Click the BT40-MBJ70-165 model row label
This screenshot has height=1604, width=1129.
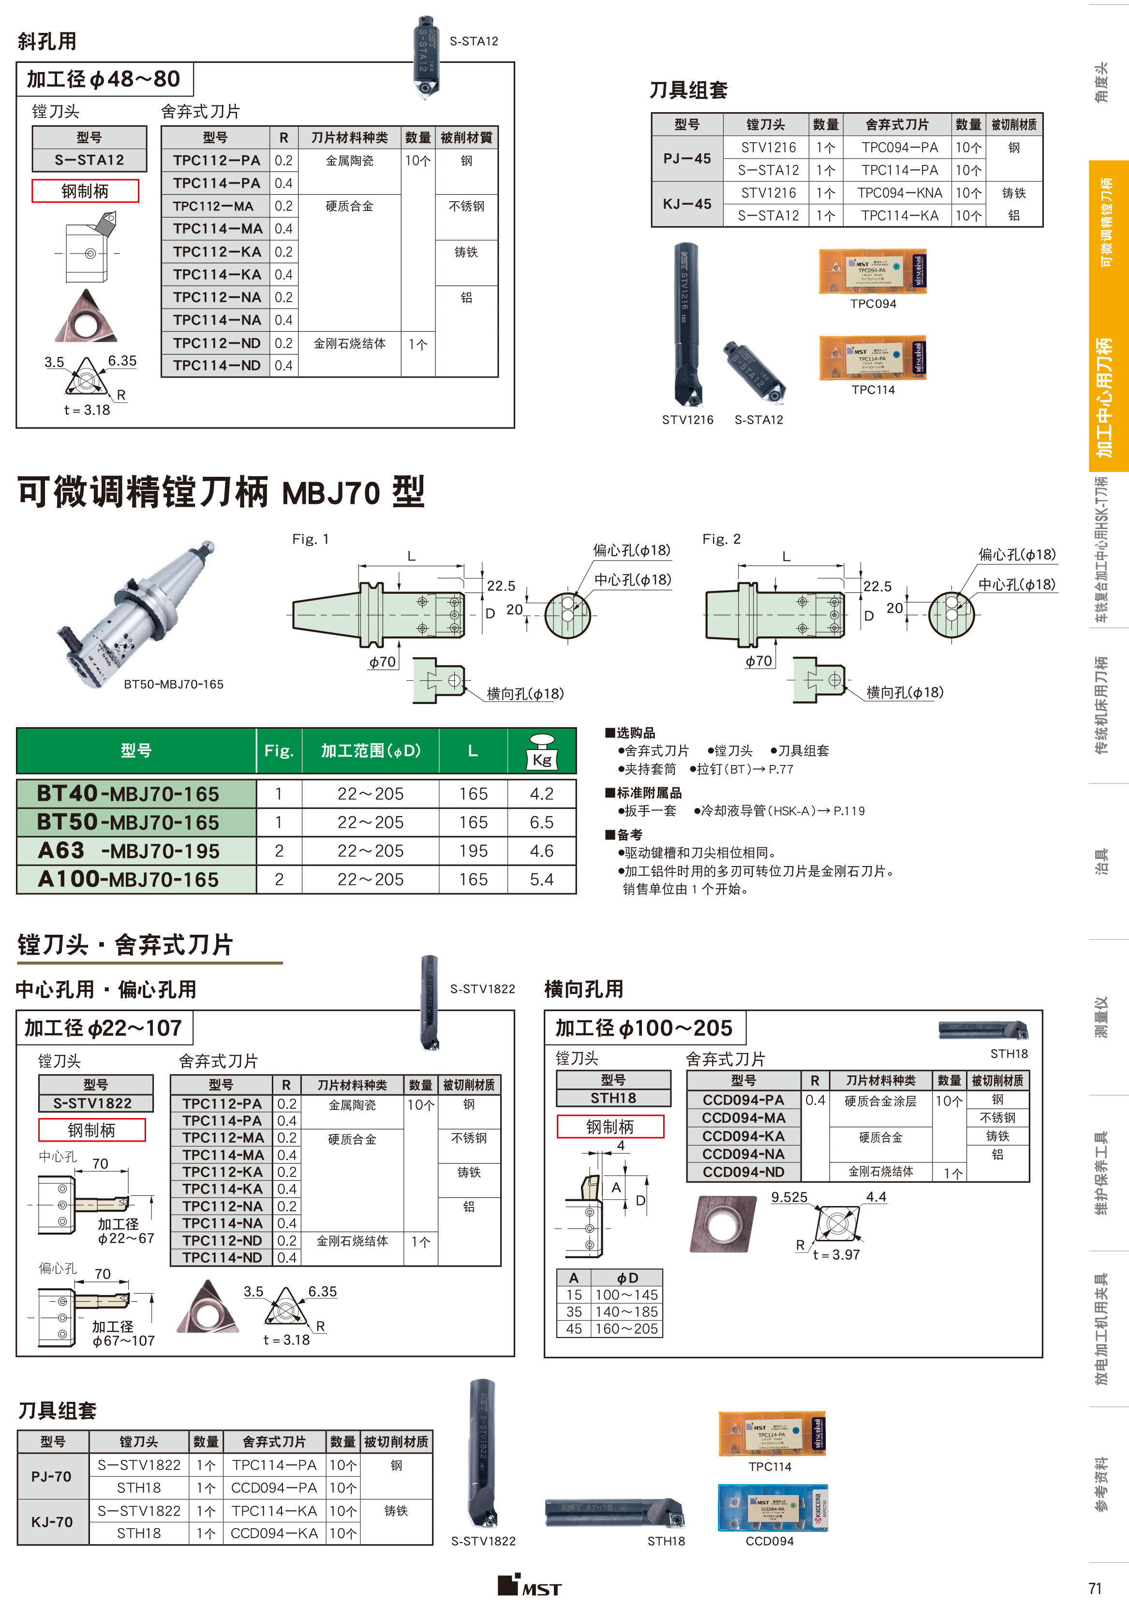tap(128, 794)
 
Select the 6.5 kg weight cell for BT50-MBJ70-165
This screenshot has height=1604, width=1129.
tap(541, 822)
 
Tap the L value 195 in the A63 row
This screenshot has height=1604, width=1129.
tap(473, 851)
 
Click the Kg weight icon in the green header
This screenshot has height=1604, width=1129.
tap(541, 751)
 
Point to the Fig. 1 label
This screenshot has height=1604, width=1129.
tap(310, 539)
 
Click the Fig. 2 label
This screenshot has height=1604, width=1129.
tap(721, 539)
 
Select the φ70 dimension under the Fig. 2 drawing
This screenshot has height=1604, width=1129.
tap(759, 661)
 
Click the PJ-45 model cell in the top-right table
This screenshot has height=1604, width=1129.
tap(687, 159)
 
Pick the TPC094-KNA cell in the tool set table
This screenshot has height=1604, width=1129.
tap(899, 193)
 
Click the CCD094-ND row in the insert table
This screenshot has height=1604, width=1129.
tap(743, 1172)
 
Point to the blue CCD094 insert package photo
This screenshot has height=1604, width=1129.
tap(772, 1508)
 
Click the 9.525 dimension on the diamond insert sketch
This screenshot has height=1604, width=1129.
tap(789, 1197)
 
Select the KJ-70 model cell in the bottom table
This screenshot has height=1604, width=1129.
tap(52, 1522)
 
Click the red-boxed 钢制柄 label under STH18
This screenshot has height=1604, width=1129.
tap(610, 1127)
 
